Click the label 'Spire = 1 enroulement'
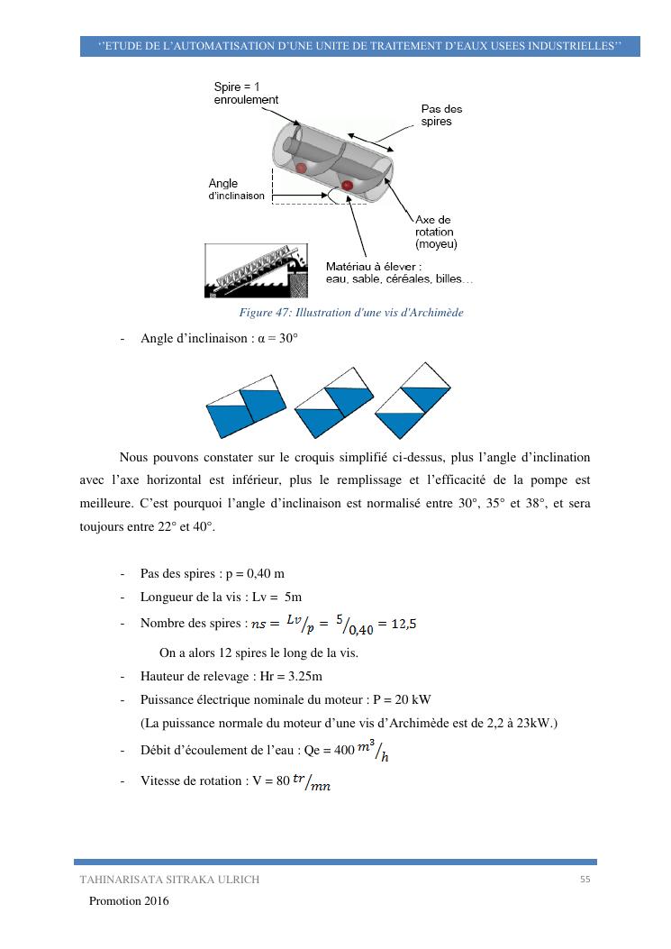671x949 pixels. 246,93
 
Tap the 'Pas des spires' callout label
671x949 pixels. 441,114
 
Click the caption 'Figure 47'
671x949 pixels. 350,313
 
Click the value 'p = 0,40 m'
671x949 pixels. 267,574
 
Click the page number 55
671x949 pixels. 585,880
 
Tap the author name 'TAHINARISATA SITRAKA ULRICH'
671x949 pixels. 169,881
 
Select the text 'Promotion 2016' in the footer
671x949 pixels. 129,901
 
